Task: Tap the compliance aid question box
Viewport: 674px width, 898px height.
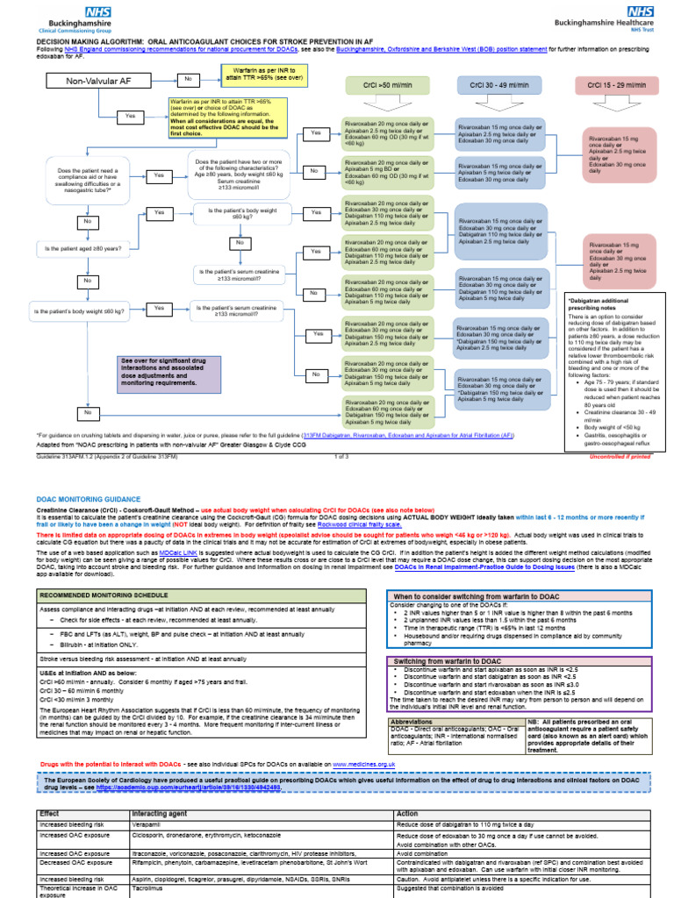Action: pyautogui.click(x=88, y=180)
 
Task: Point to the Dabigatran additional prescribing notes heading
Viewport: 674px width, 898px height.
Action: pyautogui.click(x=601, y=304)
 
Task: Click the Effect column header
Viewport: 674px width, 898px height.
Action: pyautogui.click(x=50, y=814)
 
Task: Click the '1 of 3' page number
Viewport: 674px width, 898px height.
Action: pyautogui.click(x=341, y=456)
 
